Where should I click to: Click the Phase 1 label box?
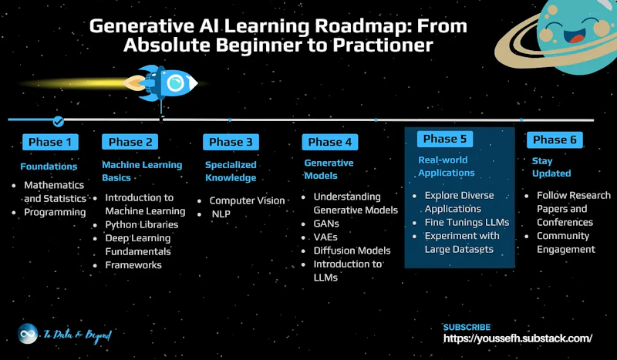[50, 142]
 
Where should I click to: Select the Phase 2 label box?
[130, 142]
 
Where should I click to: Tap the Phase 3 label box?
[231, 142]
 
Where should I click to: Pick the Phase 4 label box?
[330, 142]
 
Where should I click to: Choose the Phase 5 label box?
[445, 139]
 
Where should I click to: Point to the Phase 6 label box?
[555, 140]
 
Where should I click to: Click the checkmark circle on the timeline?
[59, 122]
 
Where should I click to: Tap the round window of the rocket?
[175, 83]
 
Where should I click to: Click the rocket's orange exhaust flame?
[133, 83]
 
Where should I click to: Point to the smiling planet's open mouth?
[575, 35]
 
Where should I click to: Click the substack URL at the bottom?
[518, 338]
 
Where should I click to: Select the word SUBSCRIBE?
[467, 327]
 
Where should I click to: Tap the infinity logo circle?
[28, 334]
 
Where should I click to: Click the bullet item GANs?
[326, 224]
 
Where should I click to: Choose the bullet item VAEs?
[325, 237]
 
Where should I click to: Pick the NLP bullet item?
[221, 214]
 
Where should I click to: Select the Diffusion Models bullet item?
[352, 251]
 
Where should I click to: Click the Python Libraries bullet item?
[142, 224]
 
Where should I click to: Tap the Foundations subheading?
[49, 167]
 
